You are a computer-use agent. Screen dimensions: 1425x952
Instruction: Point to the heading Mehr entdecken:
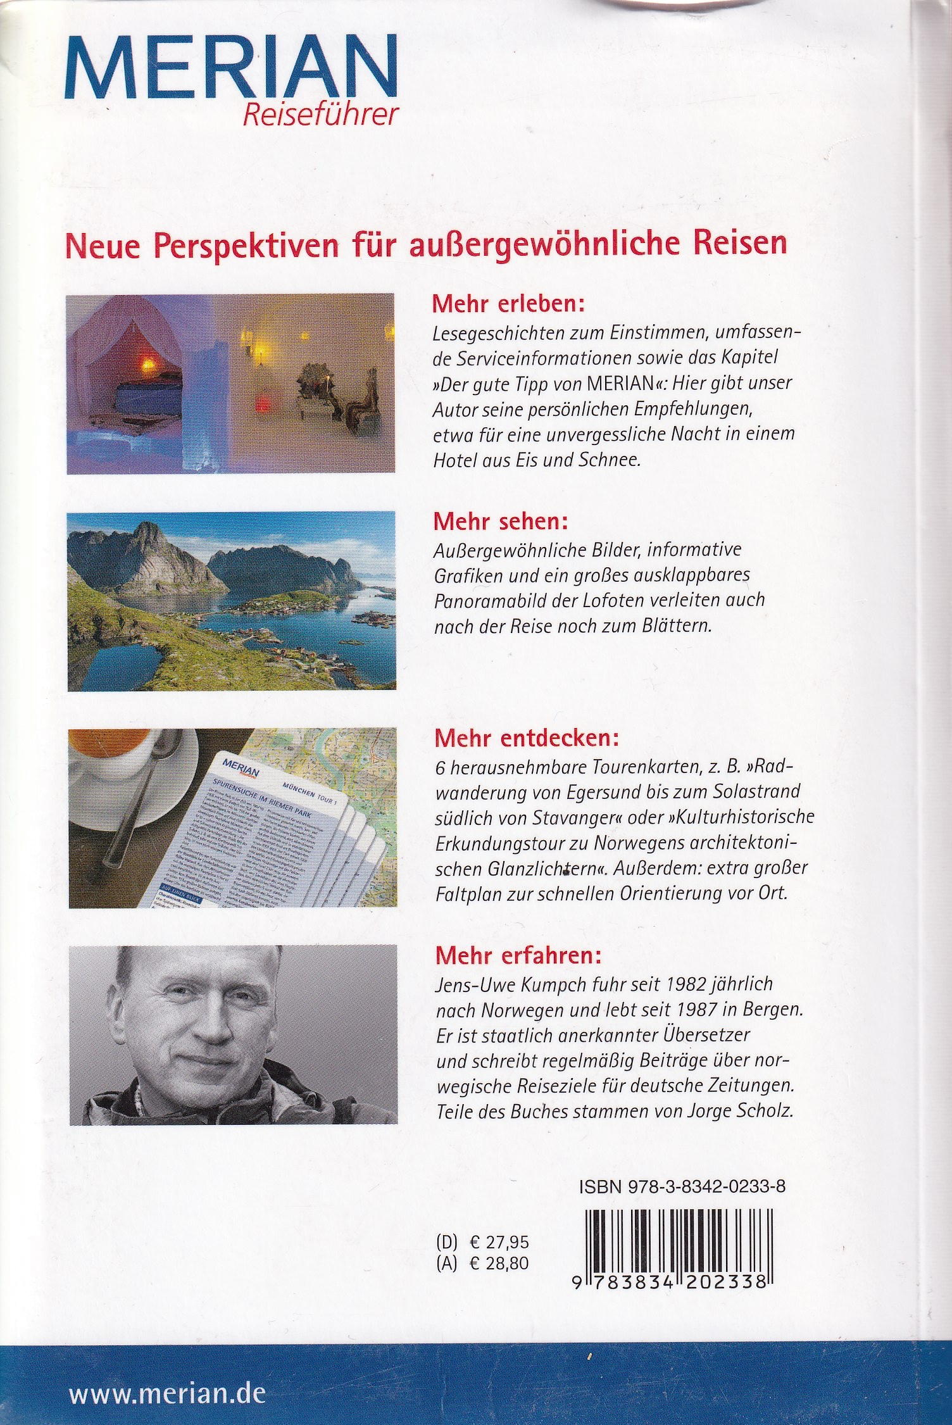(x=524, y=739)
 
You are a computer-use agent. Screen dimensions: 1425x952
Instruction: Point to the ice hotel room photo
(x=231, y=383)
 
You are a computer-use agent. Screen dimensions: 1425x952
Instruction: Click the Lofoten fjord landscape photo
(x=232, y=601)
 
